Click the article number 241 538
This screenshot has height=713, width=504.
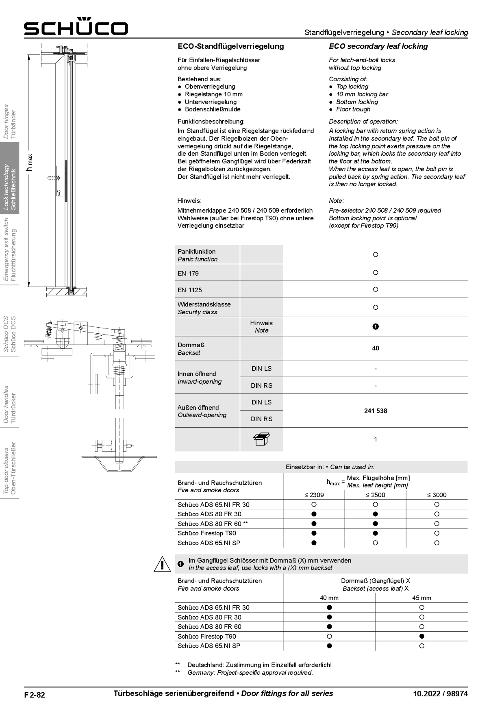click(x=376, y=411)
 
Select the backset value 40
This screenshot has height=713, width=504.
click(x=376, y=348)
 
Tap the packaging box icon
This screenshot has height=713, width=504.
click(x=261, y=439)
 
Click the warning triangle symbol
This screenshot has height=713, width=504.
click(x=162, y=564)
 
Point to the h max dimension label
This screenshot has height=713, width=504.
click(x=29, y=163)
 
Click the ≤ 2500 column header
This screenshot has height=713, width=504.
click(x=375, y=495)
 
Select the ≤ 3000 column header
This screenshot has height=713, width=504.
click(x=437, y=495)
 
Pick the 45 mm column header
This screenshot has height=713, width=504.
click(x=421, y=598)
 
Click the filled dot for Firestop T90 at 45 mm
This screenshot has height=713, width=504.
click(x=421, y=636)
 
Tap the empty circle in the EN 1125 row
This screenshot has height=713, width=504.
click(x=376, y=289)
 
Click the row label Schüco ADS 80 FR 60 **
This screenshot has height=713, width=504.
click(x=213, y=524)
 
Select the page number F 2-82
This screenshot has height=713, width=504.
click(x=35, y=695)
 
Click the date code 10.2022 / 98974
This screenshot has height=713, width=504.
click(x=440, y=694)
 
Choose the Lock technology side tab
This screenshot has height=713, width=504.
click(x=9, y=187)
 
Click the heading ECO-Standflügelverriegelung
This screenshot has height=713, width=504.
click(x=230, y=46)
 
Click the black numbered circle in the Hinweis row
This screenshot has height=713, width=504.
click(x=376, y=326)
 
